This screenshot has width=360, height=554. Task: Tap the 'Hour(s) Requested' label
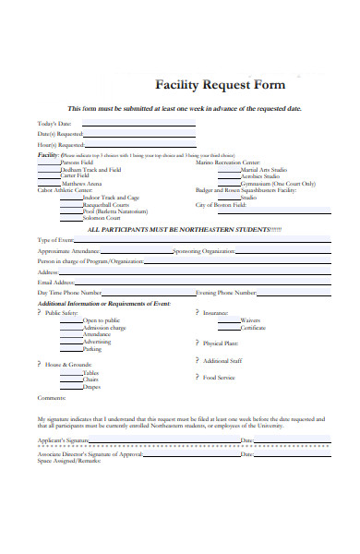coord(61,144)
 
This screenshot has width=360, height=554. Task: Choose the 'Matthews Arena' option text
coord(81,184)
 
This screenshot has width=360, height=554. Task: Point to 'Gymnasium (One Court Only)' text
coord(277,184)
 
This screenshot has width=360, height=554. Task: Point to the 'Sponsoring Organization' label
coord(204,250)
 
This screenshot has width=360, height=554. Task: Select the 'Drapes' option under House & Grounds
coord(91,387)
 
